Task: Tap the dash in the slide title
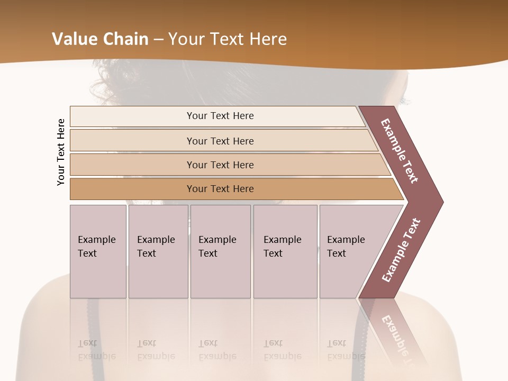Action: click(x=158, y=40)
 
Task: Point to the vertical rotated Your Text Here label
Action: click(x=61, y=152)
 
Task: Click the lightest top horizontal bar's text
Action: click(x=220, y=116)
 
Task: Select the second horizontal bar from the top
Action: click(x=220, y=141)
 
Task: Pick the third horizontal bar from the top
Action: click(x=220, y=165)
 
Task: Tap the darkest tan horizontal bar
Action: click(x=220, y=189)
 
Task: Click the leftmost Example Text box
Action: click(x=98, y=251)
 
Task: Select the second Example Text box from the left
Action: click(x=158, y=251)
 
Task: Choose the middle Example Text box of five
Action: click(x=220, y=251)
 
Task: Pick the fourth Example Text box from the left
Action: click(x=285, y=251)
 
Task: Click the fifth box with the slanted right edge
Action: click(x=349, y=251)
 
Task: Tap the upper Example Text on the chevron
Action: click(x=400, y=151)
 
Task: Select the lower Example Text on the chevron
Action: click(x=401, y=250)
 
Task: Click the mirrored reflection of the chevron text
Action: click(x=397, y=339)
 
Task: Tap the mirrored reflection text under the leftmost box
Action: click(x=96, y=350)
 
